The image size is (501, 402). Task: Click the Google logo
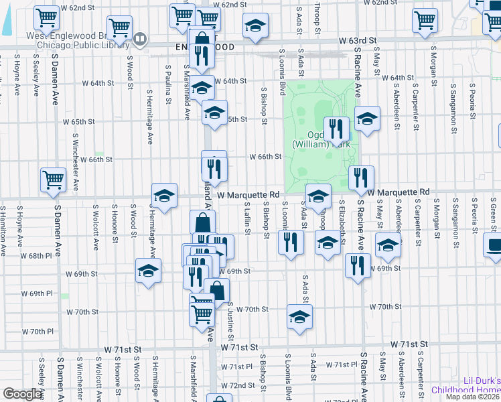(22, 394)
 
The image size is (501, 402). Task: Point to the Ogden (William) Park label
(320, 139)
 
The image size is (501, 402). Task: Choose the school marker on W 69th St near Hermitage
(148, 271)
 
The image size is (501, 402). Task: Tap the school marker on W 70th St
(299, 317)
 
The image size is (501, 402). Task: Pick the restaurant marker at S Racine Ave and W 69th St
(358, 264)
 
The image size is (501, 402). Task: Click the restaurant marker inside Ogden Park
(336, 128)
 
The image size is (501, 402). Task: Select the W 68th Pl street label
(35, 256)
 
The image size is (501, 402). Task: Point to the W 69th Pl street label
(36, 293)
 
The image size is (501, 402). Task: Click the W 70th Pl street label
(37, 332)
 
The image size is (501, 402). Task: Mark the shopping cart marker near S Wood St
(119, 28)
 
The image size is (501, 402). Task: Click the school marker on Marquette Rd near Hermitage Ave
(164, 196)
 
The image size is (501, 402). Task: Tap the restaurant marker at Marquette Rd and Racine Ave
(360, 178)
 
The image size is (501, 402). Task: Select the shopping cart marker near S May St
(425, 20)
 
